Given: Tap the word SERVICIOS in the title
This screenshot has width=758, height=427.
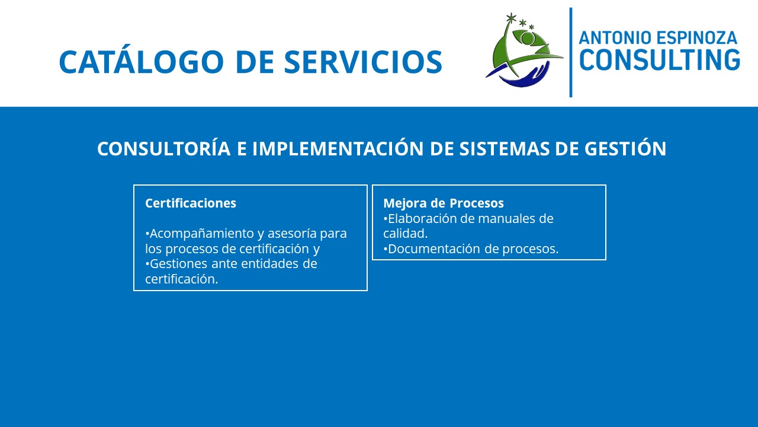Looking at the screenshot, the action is point(363,62).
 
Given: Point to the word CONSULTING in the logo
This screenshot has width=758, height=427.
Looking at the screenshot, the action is point(660,60).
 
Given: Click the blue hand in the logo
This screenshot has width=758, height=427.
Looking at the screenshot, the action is point(524,77).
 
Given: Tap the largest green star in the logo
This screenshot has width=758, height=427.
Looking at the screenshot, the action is point(511,18).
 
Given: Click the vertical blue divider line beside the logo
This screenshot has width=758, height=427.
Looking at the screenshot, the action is point(571,53).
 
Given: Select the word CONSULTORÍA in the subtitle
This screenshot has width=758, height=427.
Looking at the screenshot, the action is point(164,148).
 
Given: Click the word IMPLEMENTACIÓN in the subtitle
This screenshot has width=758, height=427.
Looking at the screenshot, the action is point(338,148).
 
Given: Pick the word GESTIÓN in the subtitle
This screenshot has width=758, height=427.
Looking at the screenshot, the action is point(625,148).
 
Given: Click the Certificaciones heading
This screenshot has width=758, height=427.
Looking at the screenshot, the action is point(191,203).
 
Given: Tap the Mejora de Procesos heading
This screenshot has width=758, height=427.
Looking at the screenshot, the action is point(444,203).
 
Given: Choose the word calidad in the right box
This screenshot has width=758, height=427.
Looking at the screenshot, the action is point(406,234).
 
